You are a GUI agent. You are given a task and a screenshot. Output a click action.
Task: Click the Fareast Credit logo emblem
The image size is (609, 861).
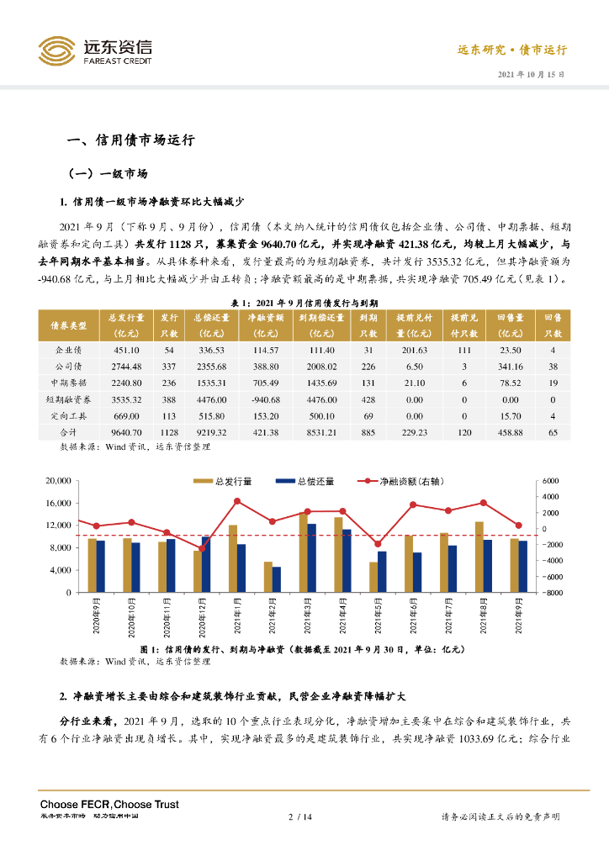(x=56, y=50)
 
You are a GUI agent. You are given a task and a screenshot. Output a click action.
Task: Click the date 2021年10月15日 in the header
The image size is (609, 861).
(x=532, y=74)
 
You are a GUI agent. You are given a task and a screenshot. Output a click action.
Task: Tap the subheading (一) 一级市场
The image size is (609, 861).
(x=107, y=174)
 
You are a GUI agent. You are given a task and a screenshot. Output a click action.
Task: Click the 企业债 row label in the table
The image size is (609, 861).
(x=69, y=351)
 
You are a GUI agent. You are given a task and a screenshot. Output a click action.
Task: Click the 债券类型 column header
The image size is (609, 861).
(x=69, y=325)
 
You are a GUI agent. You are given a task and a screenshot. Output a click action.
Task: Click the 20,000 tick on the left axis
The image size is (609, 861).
(x=57, y=481)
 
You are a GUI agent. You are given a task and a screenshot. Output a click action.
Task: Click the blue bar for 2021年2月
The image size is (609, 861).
(x=277, y=579)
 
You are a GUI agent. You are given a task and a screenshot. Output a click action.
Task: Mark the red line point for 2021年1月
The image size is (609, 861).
(x=237, y=501)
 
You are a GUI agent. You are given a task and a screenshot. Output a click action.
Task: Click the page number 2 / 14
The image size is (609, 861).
(x=300, y=816)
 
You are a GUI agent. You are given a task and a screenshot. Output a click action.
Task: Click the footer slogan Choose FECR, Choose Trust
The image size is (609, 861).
(x=109, y=805)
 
